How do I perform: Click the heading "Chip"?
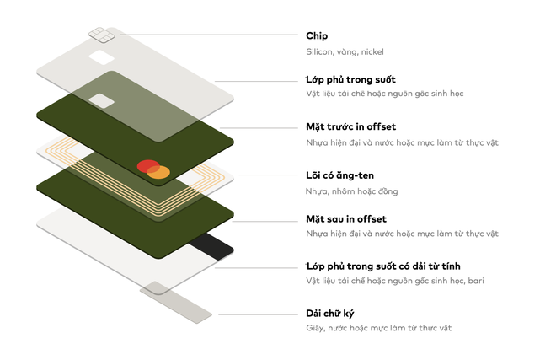tap(317, 36)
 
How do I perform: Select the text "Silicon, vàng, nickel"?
tap(345, 52)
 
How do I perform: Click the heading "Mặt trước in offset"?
tap(350, 126)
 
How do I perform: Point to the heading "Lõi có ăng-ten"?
tap(339, 175)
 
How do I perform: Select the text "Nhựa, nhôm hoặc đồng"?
tap(352, 191)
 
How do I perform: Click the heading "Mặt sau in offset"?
tap(345, 219)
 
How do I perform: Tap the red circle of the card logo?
tap(146, 166)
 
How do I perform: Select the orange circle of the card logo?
tap(159, 172)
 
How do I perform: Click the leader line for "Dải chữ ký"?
tap(253, 314)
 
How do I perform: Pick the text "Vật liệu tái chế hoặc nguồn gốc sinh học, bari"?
tap(394, 281)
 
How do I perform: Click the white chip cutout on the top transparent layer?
tap(102, 59)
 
